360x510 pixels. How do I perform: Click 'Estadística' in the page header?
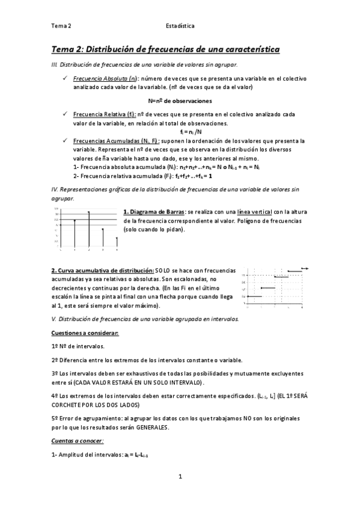pos(180,26)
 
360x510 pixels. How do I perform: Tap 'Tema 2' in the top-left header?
pos(61,26)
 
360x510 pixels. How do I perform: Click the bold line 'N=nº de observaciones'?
pos(180,100)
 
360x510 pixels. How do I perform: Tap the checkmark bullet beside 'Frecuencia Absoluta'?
pos(64,79)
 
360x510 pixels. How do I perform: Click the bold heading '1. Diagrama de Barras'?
pos(154,212)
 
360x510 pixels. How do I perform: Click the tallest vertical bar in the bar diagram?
pos(89,229)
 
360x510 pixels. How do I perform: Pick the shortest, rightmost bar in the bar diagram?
pos(116,242)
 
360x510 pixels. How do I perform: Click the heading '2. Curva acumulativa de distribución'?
pos(102,271)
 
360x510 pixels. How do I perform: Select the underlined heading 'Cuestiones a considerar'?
pos(84,333)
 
